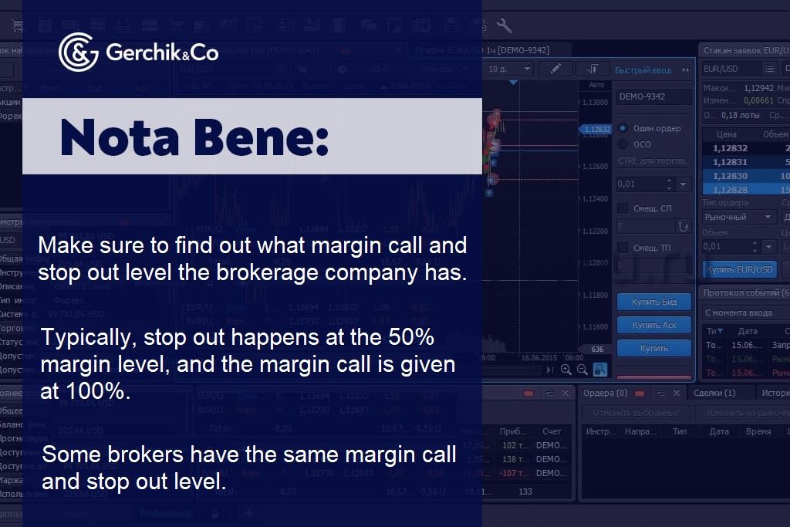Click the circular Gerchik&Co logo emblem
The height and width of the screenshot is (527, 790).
pos(78,52)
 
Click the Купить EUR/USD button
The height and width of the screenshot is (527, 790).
pos(740,269)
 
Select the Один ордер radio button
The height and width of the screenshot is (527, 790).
pos(623,128)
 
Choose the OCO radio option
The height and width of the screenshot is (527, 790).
pos(623,144)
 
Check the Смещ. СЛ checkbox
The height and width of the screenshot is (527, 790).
pos(623,208)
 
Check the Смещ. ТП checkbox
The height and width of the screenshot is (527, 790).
pos(623,248)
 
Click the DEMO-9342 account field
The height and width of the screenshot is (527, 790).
pos(653,97)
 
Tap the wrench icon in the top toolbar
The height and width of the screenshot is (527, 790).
pos(505,26)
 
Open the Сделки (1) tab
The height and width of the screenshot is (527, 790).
pos(714,393)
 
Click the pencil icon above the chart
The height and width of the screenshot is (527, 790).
pos(555,69)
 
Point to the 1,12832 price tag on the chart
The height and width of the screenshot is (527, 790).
pos(596,130)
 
